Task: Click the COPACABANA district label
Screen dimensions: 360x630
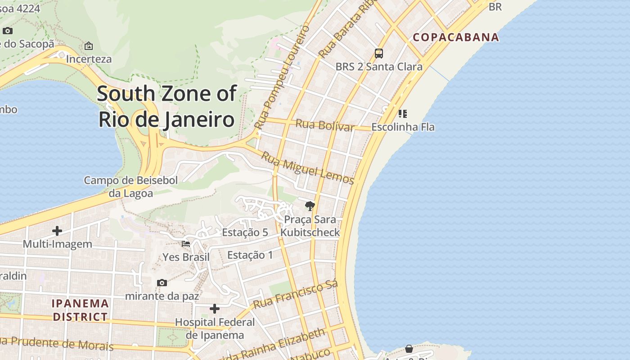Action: (456, 37)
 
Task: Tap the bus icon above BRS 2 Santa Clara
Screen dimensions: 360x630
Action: (379, 54)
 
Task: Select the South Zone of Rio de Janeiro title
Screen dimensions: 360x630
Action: (166, 107)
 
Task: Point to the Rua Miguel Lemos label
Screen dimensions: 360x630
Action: (308, 168)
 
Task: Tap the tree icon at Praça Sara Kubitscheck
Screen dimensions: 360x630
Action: (310, 206)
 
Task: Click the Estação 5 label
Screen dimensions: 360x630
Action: (245, 232)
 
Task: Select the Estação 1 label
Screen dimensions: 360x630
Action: (250, 255)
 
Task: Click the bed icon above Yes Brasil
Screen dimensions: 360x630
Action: (185, 244)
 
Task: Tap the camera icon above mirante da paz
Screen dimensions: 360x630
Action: (162, 283)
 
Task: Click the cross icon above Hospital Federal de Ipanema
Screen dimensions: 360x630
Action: (215, 309)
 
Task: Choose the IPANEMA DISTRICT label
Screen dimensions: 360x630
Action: (81, 310)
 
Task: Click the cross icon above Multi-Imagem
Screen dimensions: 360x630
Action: (57, 231)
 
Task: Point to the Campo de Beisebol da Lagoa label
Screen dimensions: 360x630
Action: (131, 187)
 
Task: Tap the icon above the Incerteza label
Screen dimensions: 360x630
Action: (89, 46)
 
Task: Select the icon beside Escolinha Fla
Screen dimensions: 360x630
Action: (403, 113)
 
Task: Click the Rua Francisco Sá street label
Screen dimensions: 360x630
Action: (295, 295)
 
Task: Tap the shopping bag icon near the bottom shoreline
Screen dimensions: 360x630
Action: (409, 349)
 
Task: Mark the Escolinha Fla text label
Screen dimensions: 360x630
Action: (403, 127)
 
